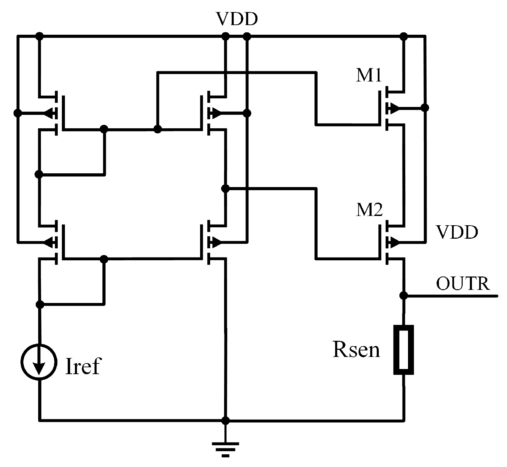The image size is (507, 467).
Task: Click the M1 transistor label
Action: (369, 76)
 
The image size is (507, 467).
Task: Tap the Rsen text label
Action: (356, 350)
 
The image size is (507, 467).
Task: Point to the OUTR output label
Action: (463, 284)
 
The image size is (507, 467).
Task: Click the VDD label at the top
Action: (236, 20)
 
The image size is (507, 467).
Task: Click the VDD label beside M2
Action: (457, 233)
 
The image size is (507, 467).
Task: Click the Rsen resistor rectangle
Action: (404, 349)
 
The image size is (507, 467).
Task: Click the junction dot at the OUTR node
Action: (404, 295)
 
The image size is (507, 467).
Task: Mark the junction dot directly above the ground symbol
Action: (225, 420)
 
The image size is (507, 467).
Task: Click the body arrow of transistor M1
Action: (393, 108)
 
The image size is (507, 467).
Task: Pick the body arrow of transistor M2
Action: (393, 242)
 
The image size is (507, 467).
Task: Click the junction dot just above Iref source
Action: (40, 304)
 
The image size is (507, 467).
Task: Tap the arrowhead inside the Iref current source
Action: (40, 369)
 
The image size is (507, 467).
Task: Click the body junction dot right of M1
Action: (425, 108)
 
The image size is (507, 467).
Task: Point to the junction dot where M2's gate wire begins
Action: (225, 188)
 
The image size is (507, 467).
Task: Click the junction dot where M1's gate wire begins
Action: (157, 130)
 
